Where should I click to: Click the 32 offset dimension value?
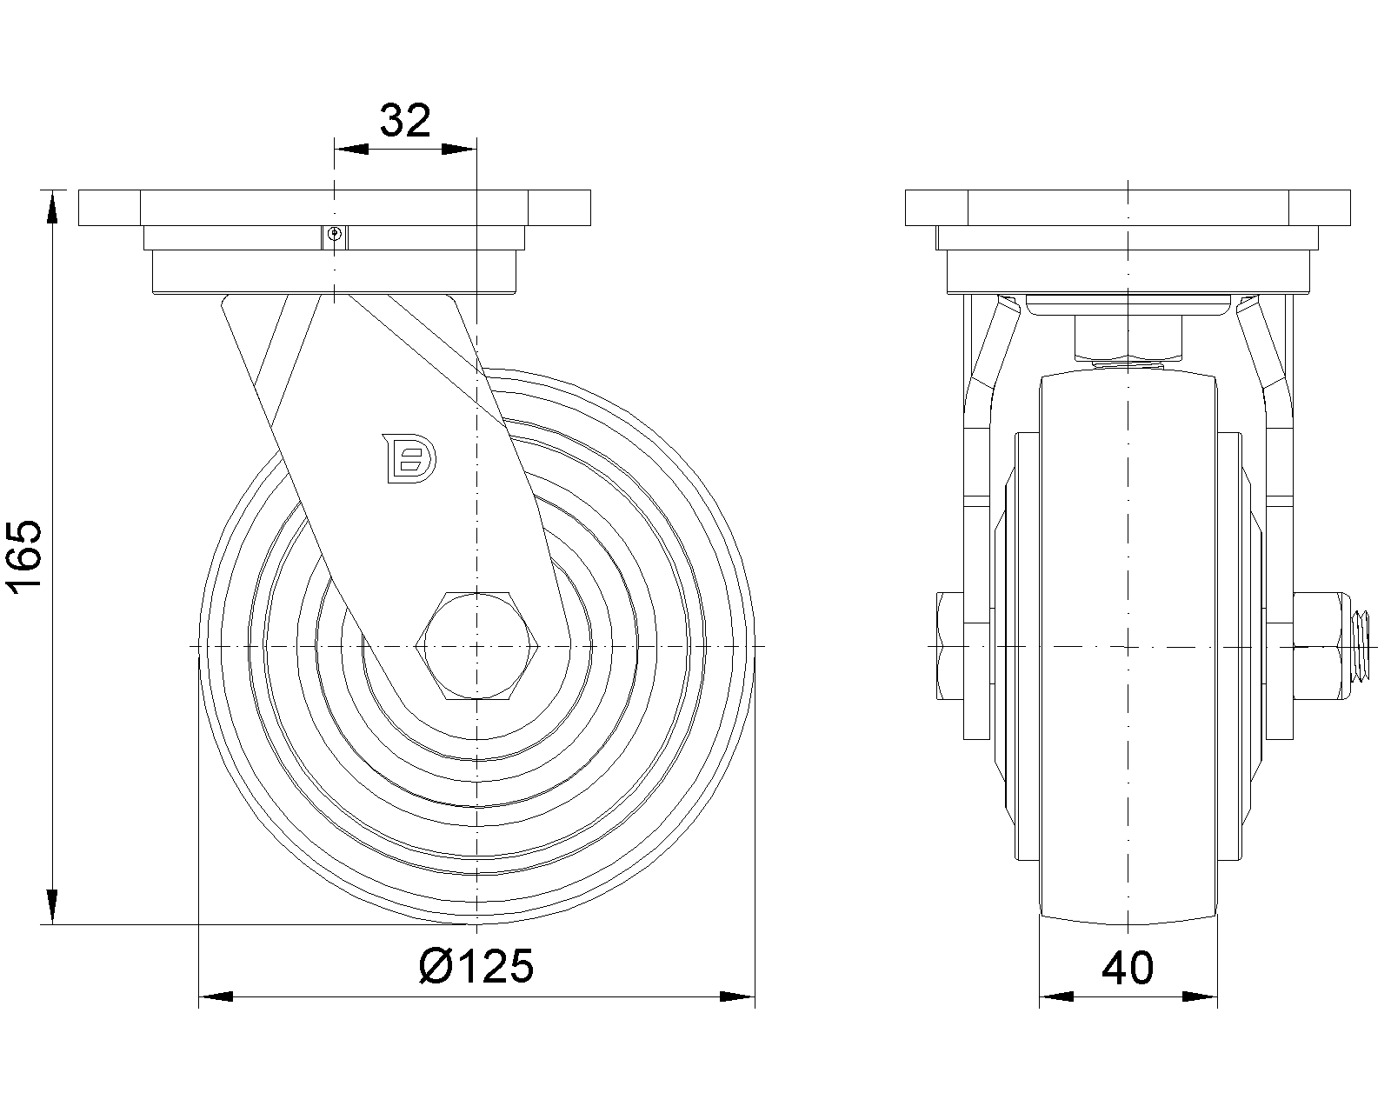click(404, 120)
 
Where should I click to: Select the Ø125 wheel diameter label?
click(476, 967)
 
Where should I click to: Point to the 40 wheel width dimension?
click(1128, 968)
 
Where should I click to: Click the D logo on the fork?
click(409, 458)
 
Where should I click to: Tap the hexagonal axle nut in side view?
click(477, 645)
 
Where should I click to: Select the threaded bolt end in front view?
click(1358, 646)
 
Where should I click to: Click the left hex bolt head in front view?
click(950, 645)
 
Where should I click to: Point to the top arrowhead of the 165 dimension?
click(52, 207)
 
